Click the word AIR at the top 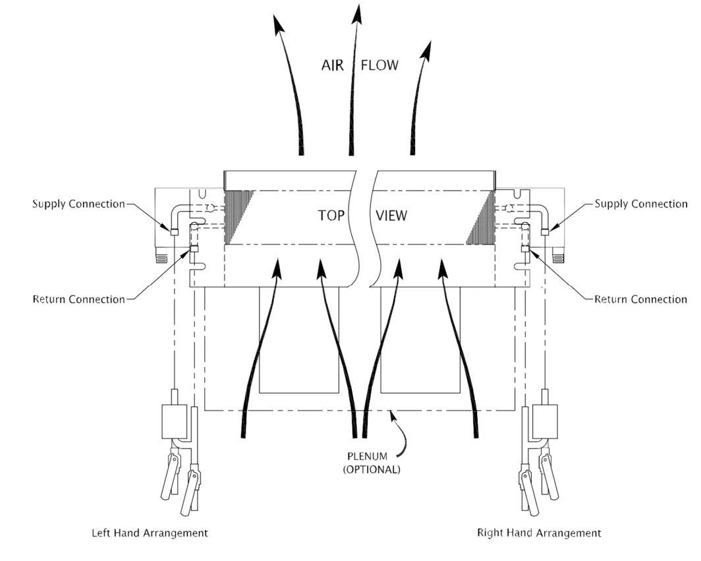point(332,65)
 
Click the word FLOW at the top point(379,65)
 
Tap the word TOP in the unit point(331,216)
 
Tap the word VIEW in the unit point(391,216)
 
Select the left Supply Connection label point(78,204)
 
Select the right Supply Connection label point(640,204)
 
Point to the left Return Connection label point(78,299)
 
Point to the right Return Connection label point(640,299)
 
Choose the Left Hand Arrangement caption point(150,533)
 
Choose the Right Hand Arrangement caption point(538,533)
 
